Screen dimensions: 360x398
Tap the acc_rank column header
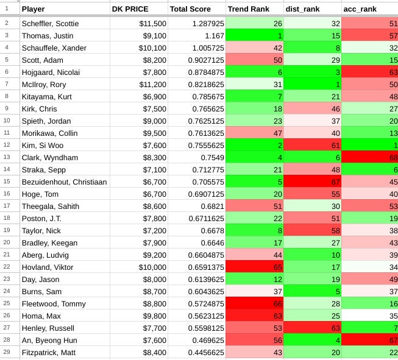tap(360, 9)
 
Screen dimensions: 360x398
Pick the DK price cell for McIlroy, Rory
tap(139, 83)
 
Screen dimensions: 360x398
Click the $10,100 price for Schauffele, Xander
tap(139, 48)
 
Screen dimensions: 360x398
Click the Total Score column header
tap(190, 9)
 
